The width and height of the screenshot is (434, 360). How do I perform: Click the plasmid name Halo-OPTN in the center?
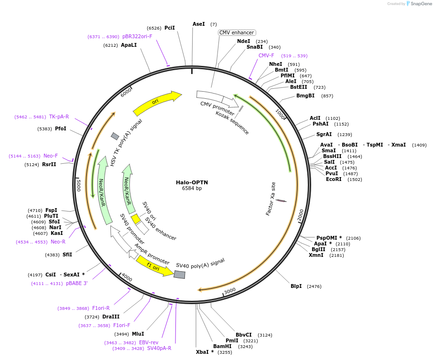pyautogui.click(x=192, y=182)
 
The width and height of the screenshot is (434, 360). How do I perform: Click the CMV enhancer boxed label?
pyautogui.click(x=237, y=32)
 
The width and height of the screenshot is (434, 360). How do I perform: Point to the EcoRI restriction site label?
pyautogui.click(x=334, y=179)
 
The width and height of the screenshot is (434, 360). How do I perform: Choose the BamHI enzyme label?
pyautogui.click(x=222, y=346)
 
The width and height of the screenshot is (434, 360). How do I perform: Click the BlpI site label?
pyautogui.click(x=296, y=286)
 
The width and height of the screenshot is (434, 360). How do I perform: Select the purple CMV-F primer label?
pyautogui.click(x=266, y=55)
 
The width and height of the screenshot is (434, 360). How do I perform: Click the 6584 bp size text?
pyautogui.click(x=192, y=188)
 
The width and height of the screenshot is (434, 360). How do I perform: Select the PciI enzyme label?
pyautogui.click(x=170, y=28)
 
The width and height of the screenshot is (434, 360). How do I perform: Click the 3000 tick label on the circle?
pyautogui.click(x=230, y=290)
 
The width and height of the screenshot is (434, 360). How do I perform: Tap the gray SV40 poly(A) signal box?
pyautogui.click(x=179, y=275)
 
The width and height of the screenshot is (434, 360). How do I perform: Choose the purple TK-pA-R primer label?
pyautogui.click(x=59, y=116)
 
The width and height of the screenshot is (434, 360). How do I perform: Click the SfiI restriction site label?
pyautogui.click(x=67, y=254)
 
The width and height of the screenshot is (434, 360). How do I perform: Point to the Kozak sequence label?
pyautogui.click(x=232, y=122)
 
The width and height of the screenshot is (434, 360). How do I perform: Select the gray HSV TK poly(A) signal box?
pyautogui.click(x=115, y=136)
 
